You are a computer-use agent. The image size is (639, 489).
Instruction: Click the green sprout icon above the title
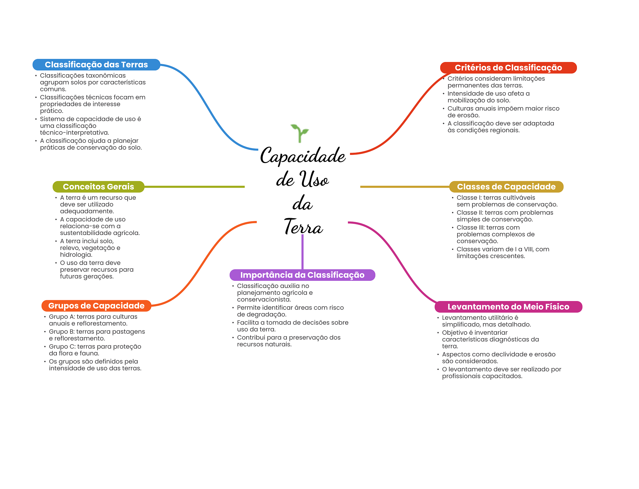[x=300, y=133]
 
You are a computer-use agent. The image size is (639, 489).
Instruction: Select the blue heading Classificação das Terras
[x=96, y=65]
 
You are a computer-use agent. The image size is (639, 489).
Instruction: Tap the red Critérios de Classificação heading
[x=508, y=68]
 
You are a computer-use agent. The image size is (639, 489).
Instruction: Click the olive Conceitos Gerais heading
[x=98, y=187]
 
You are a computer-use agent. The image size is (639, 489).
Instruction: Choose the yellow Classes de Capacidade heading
[x=506, y=187]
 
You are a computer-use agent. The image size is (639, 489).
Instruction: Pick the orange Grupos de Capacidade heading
[x=96, y=306]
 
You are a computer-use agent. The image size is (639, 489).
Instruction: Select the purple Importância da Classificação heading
[x=302, y=275]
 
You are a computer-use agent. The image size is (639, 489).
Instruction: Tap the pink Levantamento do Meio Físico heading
[x=508, y=307]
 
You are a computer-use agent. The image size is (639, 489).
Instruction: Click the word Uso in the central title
[x=314, y=180]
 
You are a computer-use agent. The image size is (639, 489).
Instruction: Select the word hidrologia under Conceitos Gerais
[x=76, y=255]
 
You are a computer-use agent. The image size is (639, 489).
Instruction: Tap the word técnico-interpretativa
[x=74, y=133]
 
